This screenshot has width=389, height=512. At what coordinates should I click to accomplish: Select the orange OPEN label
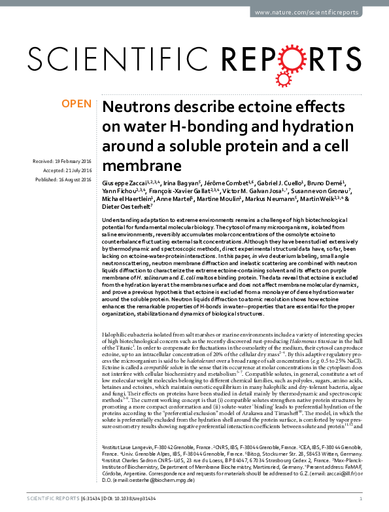coord(76,103)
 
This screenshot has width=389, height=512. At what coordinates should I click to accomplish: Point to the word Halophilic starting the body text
coord(118,335)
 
